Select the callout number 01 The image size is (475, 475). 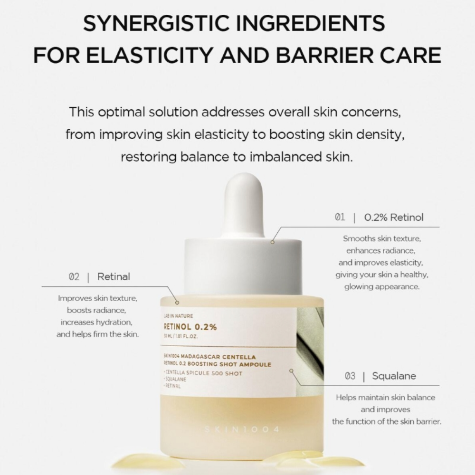(340, 218)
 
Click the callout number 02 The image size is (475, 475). (74, 277)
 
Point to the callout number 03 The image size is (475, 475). (350, 376)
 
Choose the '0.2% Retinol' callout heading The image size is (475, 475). (394, 218)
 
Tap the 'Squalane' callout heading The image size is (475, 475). (394, 376)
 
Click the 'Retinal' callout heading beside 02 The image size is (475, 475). (114, 277)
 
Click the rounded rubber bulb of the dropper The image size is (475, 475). (244, 202)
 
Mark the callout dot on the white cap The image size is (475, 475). (273, 242)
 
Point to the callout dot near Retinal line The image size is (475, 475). (177, 302)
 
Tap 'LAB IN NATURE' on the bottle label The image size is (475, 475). (178, 315)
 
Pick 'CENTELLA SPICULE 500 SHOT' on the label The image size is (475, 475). (203, 373)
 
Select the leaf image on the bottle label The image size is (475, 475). (310, 342)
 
